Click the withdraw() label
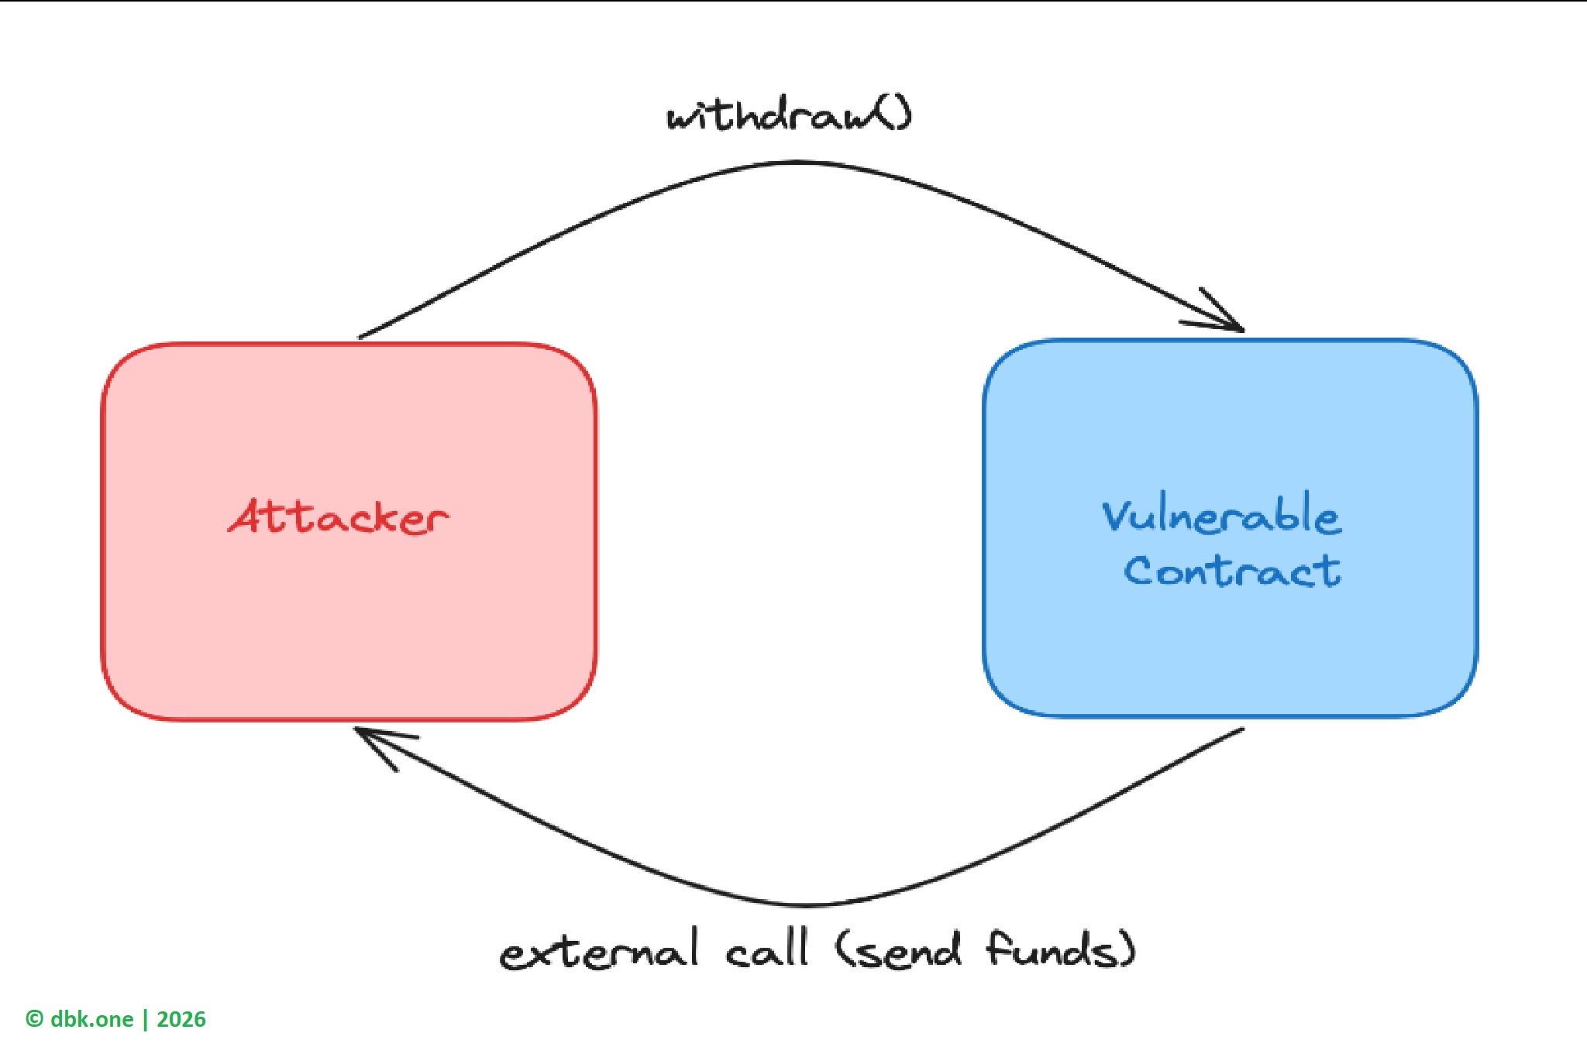[789, 116]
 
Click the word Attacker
[339, 517]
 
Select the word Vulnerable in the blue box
[1221, 514]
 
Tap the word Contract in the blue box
[1232, 571]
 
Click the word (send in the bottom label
[899, 949]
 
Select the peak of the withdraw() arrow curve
[800, 163]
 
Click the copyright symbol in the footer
[34, 1019]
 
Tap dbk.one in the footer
[91, 1019]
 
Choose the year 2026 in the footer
[181, 1019]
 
